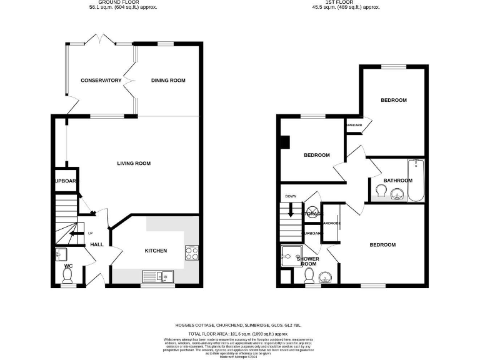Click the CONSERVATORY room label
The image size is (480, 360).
pos(101,80)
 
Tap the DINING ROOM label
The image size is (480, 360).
pos(169,80)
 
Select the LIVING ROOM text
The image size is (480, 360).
pos(134,163)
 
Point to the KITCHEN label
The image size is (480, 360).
pos(156,251)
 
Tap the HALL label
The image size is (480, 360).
pos(96,244)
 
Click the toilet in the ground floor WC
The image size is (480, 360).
pos(68,276)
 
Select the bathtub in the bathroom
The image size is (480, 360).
pos(415,181)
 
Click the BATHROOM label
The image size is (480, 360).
pos(397,181)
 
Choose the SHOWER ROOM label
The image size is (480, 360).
pos(307,261)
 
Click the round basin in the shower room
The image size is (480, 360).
pos(325,277)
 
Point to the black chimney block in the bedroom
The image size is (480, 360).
pos(285,142)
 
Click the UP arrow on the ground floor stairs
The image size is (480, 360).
pos(74,235)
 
